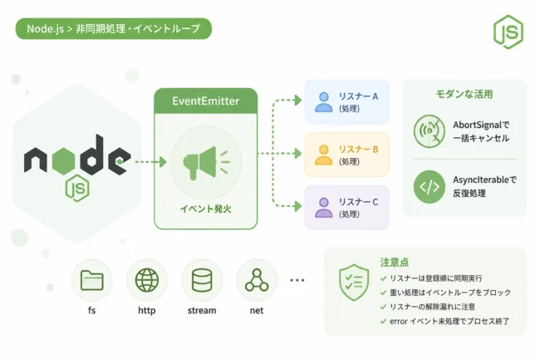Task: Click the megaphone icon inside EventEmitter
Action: tap(205, 163)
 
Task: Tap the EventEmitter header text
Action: tap(205, 101)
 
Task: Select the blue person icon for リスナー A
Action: tap(324, 102)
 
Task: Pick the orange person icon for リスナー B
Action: tap(324, 155)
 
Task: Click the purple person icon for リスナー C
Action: tap(324, 207)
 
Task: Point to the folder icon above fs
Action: tap(91, 280)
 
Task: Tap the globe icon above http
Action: tap(147, 280)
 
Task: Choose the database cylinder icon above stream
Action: tap(202, 280)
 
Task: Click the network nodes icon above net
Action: tap(257, 280)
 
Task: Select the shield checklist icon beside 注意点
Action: tap(354, 283)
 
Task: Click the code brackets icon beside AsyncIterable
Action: tap(430, 187)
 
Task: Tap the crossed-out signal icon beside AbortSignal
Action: tap(430, 131)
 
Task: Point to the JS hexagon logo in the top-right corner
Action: tap(508, 32)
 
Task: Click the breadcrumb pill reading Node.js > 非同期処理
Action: tap(114, 28)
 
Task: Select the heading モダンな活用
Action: tap(464, 94)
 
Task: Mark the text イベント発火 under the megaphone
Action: tap(205, 209)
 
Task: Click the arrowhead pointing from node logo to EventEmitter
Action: tap(163, 162)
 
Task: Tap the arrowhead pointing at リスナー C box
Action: tap(298, 206)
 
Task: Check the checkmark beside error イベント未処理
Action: tap(383, 322)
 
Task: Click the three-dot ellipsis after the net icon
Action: tap(297, 280)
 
